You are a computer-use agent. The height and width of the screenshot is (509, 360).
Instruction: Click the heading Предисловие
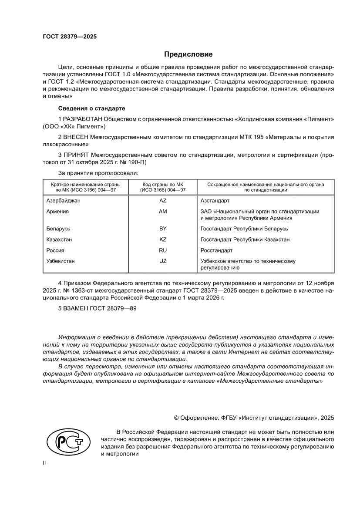188,54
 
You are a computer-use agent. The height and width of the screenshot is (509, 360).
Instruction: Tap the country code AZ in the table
163,201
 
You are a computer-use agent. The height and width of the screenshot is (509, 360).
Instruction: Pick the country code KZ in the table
163,239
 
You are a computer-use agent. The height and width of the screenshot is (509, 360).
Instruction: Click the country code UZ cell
163,261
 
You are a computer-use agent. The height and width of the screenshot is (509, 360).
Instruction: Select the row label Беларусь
58,229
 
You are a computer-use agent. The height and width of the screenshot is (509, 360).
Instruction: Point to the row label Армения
57,211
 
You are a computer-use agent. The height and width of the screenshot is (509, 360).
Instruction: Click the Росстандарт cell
216,250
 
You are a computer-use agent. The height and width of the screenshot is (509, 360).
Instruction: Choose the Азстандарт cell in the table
215,201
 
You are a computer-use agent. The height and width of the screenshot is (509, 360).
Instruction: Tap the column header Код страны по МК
163,184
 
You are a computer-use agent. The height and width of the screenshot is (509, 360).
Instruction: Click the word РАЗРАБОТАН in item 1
84,119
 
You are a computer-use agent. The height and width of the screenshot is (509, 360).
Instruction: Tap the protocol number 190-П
139,162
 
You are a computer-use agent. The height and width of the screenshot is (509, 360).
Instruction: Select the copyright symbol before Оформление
176,418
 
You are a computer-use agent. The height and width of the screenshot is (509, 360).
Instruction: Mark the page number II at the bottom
44,464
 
